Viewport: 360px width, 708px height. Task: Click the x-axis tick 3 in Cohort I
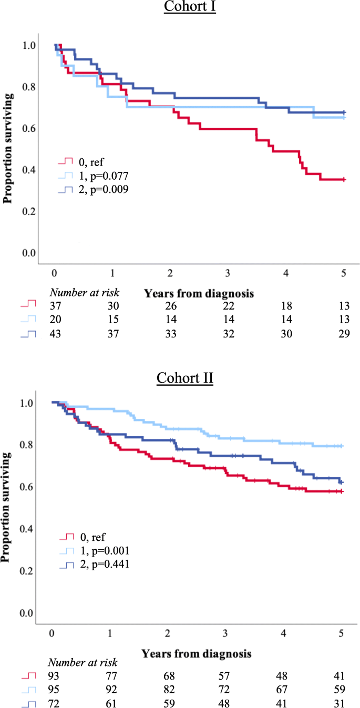point(228,274)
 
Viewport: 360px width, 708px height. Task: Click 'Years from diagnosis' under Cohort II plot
point(196,654)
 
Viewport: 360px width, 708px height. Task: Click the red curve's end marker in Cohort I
point(343,180)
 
